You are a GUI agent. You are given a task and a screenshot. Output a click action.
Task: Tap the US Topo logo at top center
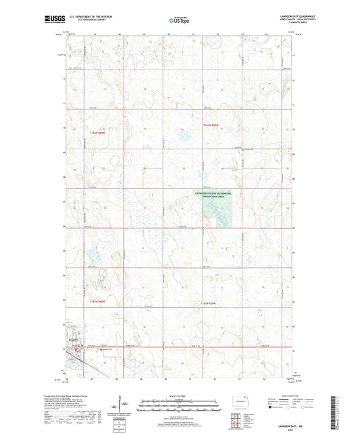click(180, 20)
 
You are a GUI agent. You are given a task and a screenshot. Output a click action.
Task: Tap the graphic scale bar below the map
click(180, 407)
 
